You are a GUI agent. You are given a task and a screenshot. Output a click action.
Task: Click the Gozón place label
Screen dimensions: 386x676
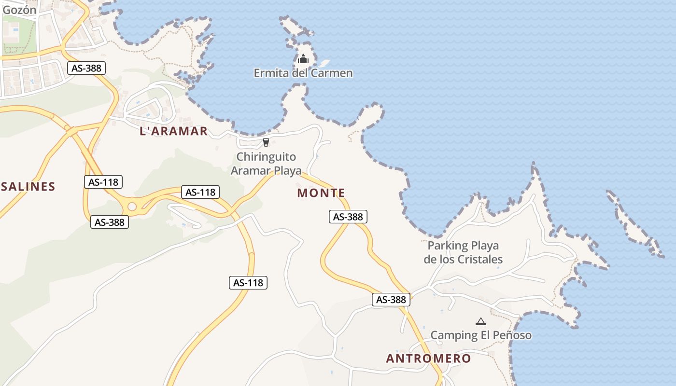click(x=19, y=10)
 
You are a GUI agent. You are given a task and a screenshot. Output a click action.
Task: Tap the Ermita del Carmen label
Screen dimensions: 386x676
click(x=303, y=73)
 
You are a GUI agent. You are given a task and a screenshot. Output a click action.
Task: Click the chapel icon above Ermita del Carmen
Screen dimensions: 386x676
click(x=303, y=59)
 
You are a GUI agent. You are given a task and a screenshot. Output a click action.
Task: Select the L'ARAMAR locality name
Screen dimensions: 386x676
click(x=173, y=131)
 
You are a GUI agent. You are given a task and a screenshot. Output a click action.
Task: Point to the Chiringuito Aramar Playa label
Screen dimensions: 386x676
click(x=266, y=164)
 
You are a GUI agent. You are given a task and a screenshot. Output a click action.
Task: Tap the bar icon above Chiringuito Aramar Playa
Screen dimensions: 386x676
click(x=266, y=142)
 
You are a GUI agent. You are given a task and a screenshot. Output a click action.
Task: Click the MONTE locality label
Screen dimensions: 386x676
click(x=321, y=193)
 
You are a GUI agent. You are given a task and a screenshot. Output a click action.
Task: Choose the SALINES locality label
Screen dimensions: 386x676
click(x=28, y=187)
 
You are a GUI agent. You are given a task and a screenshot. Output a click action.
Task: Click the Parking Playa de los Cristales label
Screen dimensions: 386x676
click(x=463, y=252)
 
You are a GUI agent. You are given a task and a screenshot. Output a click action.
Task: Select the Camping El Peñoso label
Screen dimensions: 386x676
click(x=481, y=335)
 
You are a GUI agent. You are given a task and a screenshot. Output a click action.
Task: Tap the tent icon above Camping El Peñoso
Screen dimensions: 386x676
click(x=480, y=321)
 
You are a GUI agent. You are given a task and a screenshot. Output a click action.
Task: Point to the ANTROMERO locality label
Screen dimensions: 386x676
click(x=428, y=358)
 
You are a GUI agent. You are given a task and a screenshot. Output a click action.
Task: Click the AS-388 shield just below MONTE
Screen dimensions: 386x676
click(x=348, y=217)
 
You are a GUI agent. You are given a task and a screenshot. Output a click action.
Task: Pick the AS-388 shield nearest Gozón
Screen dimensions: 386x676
click(x=86, y=68)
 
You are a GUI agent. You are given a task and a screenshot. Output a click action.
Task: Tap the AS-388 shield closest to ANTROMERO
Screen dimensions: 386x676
click(x=391, y=300)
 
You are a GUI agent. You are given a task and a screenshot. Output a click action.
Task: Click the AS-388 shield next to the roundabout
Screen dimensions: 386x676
click(x=110, y=222)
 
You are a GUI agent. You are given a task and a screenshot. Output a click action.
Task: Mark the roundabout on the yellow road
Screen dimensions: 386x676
click(x=132, y=207)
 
